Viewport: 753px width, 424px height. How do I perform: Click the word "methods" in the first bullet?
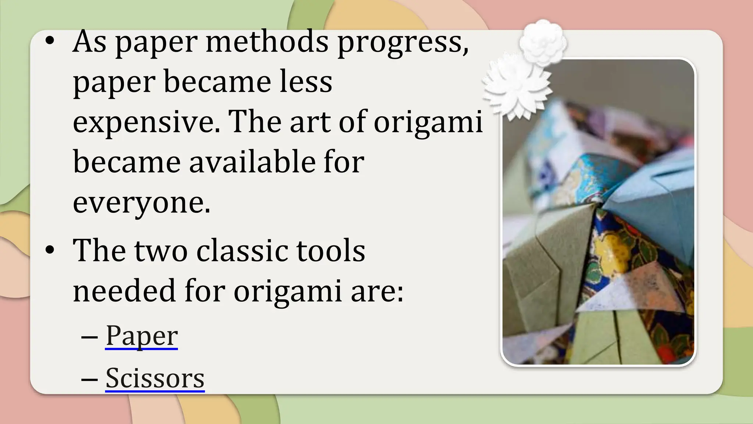coord(267,41)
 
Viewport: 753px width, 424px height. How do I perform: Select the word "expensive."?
coord(147,122)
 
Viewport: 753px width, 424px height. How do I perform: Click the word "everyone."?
coord(142,202)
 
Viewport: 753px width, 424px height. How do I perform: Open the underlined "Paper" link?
coord(142,336)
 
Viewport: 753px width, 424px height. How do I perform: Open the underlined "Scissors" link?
coord(155,378)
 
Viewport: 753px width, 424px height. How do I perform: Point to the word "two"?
coord(161,251)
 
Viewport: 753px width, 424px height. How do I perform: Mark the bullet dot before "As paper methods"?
coord(50,41)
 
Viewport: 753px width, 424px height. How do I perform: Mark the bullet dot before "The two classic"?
coord(50,250)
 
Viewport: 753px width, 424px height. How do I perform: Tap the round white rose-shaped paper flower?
coord(543,43)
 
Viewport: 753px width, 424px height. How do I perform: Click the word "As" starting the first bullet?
coord(90,41)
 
